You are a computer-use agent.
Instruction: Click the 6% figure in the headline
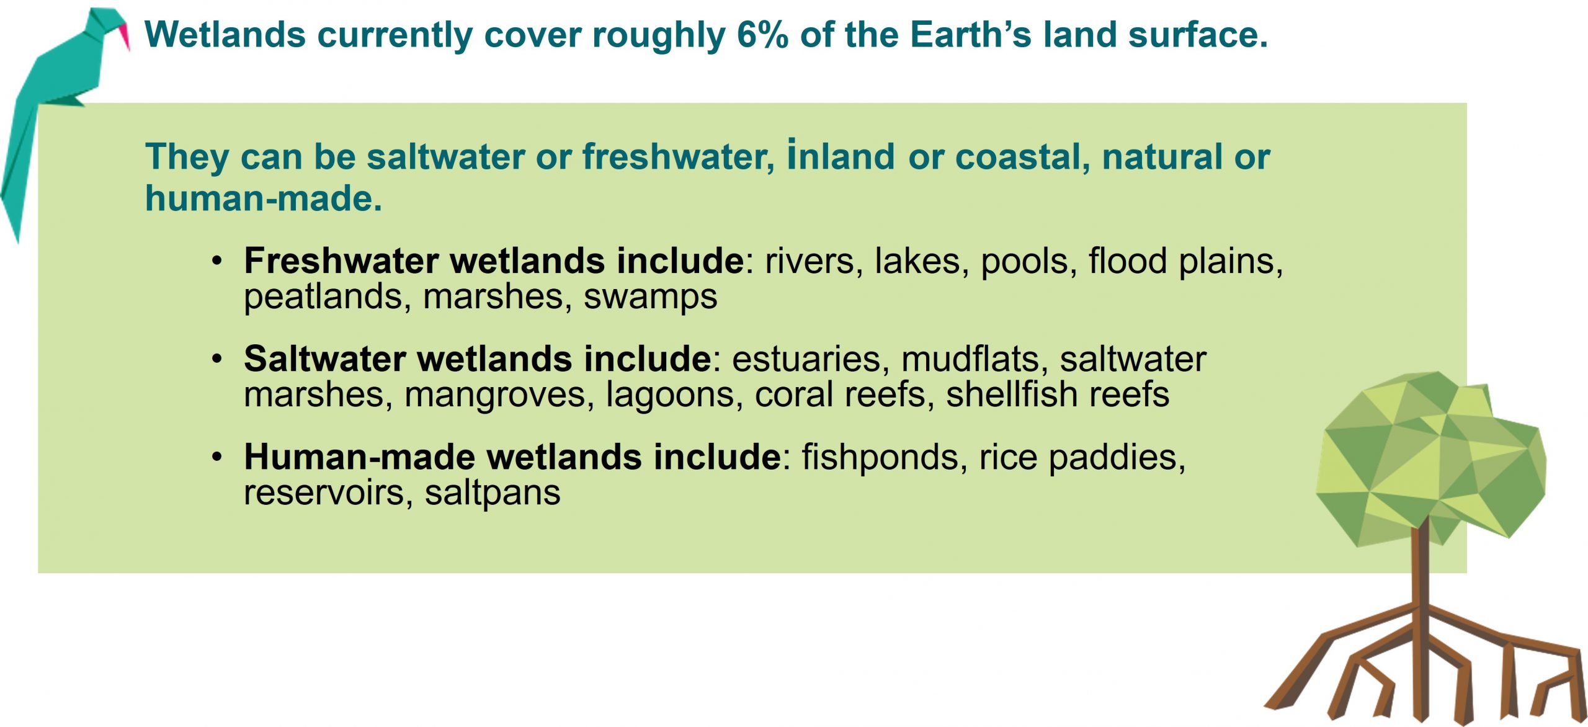pos(762,35)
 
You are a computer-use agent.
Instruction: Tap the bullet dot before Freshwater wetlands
pos(216,261)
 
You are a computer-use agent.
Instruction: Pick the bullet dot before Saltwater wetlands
pos(216,359)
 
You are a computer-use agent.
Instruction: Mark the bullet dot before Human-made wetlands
pos(216,457)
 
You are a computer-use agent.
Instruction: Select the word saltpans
pos(493,494)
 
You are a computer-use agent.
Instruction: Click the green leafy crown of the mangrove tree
pos(1430,459)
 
